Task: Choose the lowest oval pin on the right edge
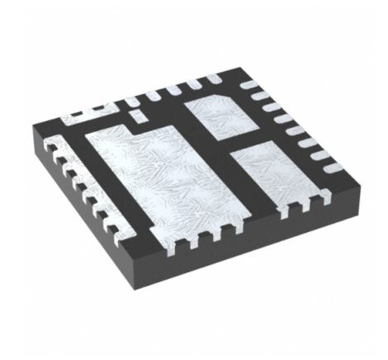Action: coord(329,169)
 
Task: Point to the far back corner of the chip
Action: coord(239,73)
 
